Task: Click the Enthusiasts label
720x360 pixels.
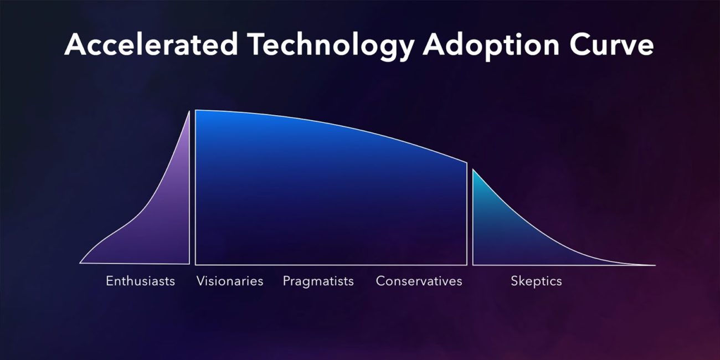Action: (140, 281)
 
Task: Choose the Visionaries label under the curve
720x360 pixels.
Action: (229, 281)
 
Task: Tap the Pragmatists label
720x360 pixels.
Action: (318, 281)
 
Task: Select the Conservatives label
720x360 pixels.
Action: (419, 281)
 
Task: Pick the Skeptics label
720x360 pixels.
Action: (536, 281)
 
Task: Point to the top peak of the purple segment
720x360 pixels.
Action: (189, 112)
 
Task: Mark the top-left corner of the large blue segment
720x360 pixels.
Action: (196, 111)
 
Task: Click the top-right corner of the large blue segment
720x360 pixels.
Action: (466, 163)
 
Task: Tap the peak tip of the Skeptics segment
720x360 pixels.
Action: (473, 170)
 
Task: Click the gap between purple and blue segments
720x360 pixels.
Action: (192, 188)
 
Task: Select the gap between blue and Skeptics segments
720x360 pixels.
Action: (470, 216)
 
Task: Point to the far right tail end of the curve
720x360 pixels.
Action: (654, 265)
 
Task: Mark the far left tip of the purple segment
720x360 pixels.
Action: (81, 263)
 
